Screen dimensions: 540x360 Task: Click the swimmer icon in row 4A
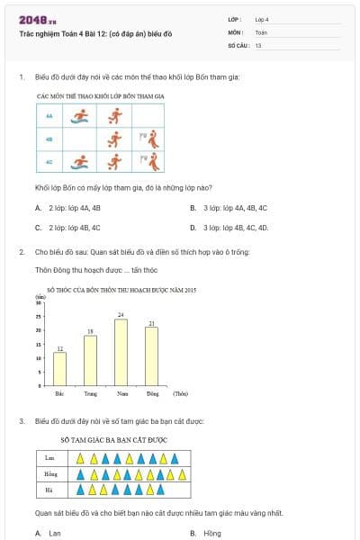(x=80, y=115)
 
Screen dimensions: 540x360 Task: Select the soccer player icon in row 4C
(x=114, y=162)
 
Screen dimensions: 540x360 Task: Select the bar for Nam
(x=121, y=352)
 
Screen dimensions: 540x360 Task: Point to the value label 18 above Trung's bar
(x=90, y=331)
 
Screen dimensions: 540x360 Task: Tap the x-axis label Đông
(x=152, y=393)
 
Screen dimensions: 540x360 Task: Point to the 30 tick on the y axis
(x=40, y=302)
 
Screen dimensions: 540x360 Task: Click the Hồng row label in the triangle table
(x=50, y=473)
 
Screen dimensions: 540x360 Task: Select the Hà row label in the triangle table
(x=50, y=490)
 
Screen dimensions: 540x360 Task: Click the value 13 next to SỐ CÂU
(x=258, y=44)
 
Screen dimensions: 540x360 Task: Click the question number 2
(x=22, y=252)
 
